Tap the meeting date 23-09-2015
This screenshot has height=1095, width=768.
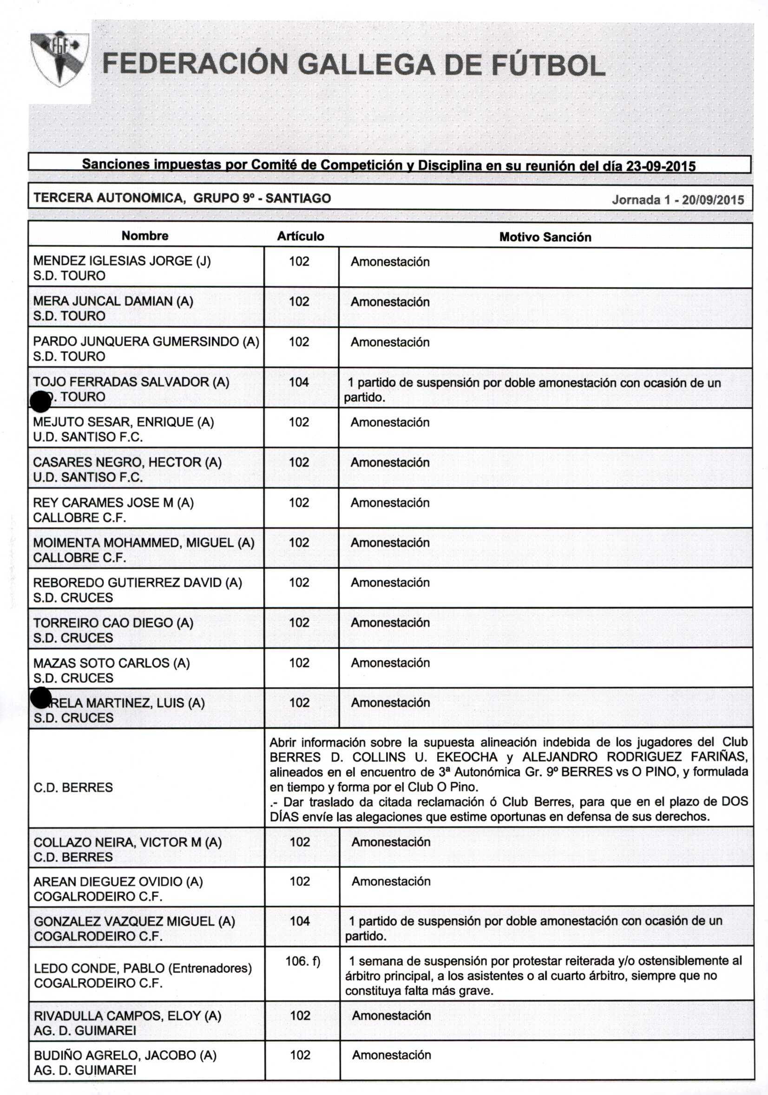pos(661,166)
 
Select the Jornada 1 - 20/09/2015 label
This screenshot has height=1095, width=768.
pos(677,199)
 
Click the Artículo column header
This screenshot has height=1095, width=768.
pos(301,236)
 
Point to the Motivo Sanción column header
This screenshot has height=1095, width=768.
pos(545,237)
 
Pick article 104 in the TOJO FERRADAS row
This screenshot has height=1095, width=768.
pos(299,382)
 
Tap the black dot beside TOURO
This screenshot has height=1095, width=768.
pos(40,401)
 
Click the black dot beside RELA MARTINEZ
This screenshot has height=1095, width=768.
pos(40,698)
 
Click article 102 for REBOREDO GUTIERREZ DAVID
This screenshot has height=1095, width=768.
pos(299,582)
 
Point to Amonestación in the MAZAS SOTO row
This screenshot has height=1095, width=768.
pos(390,663)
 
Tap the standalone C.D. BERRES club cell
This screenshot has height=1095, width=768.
pos(73,787)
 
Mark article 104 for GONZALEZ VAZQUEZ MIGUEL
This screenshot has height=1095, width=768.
pos(300,921)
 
